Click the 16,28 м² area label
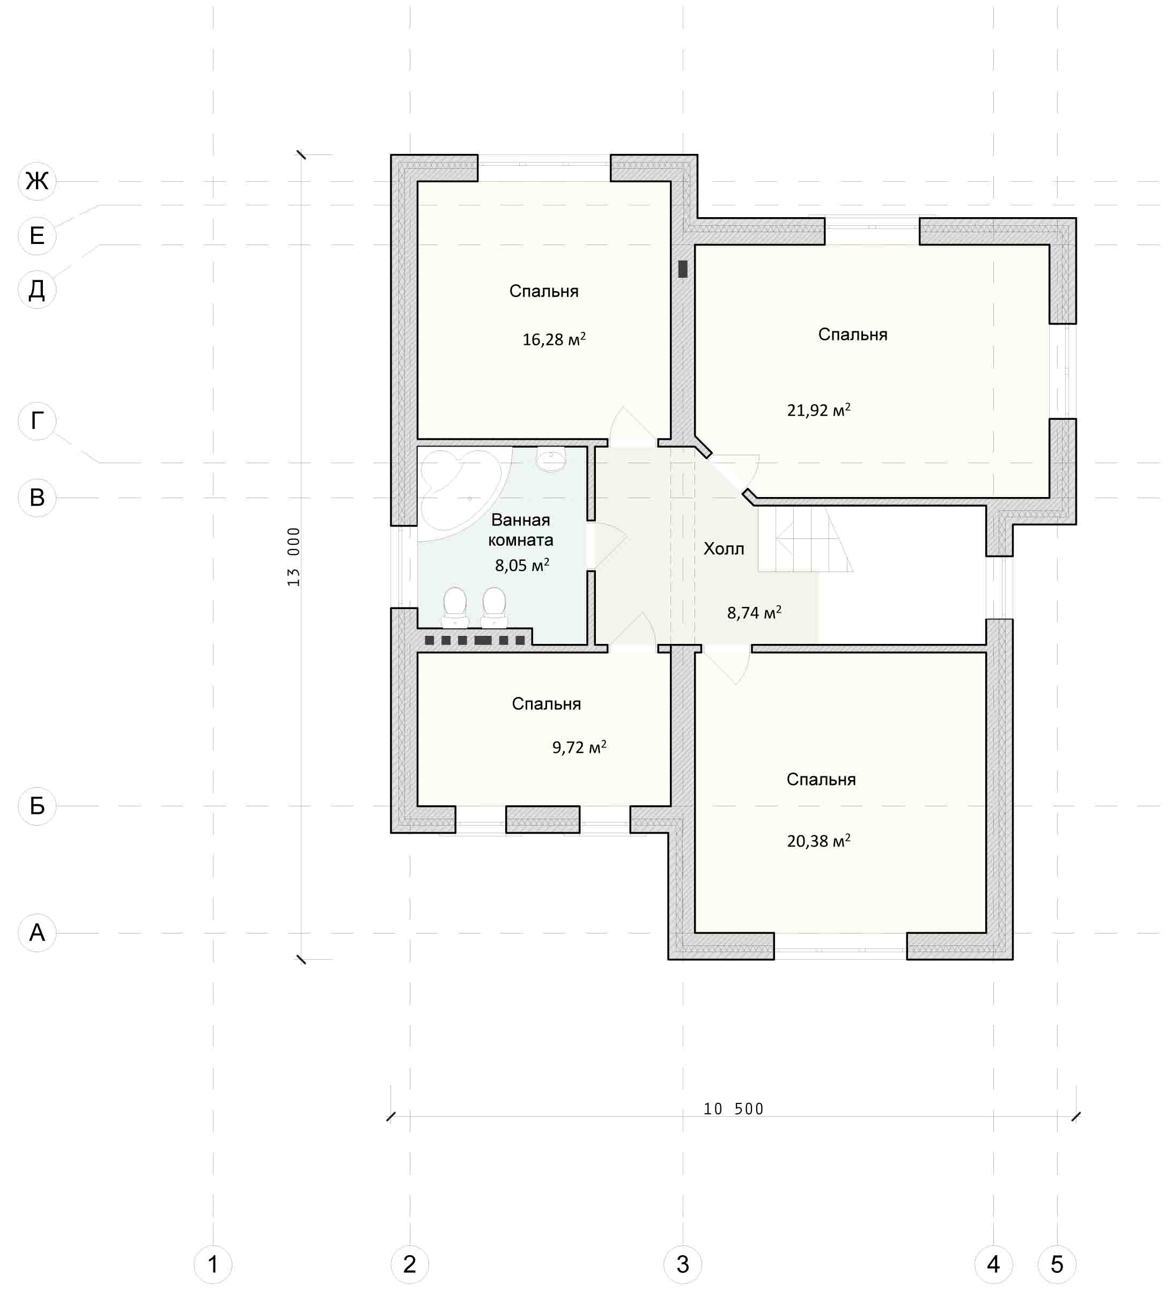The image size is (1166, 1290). tap(554, 339)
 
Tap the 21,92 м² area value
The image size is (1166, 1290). tap(818, 410)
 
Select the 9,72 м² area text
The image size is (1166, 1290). tap(579, 747)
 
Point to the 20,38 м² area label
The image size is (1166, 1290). tap(818, 840)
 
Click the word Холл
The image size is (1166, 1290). tap(724, 548)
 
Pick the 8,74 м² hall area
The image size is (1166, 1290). tap(754, 612)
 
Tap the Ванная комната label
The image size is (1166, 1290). tap(520, 530)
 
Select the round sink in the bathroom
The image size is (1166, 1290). tap(550, 459)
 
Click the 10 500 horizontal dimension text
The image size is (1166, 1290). tap(733, 1109)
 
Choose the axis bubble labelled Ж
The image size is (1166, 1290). tap(37, 181)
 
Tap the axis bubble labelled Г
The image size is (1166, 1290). tap(37, 421)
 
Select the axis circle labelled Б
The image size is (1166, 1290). tap(37, 806)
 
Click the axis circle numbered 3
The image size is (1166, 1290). tap(683, 1264)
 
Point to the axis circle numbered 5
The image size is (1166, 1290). tap(1057, 1264)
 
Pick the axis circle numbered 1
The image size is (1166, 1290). tap(213, 1264)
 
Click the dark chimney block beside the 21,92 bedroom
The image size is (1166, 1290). tap(683, 269)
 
